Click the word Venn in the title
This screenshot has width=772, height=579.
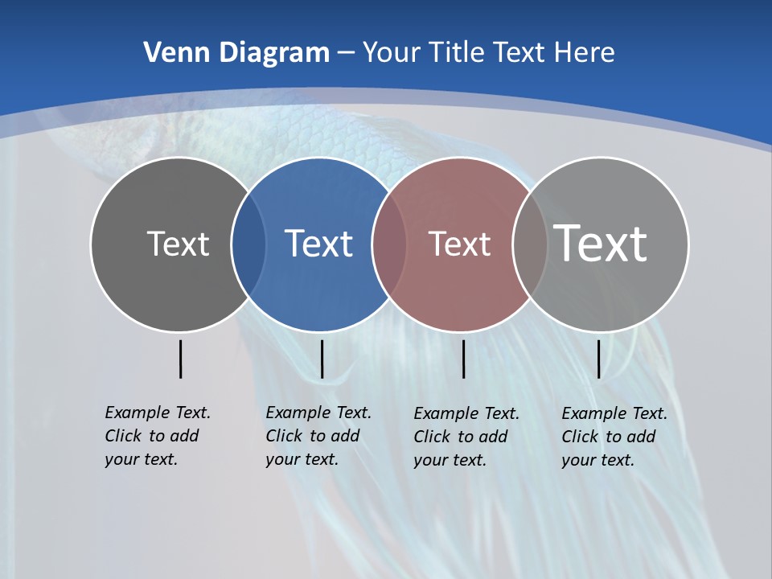coord(170,53)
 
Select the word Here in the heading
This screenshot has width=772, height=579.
coord(584,53)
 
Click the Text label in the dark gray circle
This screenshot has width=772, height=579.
coord(178,244)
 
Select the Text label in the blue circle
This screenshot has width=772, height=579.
coord(318,244)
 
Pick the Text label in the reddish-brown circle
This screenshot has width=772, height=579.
coord(459,244)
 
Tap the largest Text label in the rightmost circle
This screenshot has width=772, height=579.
coord(600,243)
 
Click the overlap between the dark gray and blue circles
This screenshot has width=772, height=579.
coord(248,244)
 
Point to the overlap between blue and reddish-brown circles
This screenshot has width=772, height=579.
coord(389,244)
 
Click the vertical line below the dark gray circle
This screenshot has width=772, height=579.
coord(180,359)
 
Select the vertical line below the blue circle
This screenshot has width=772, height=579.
coord(322,359)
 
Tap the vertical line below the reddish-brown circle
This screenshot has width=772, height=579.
coord(463,359)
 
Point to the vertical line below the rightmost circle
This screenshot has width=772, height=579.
coord(598,359)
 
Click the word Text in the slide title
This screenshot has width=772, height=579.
coord(519,53)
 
